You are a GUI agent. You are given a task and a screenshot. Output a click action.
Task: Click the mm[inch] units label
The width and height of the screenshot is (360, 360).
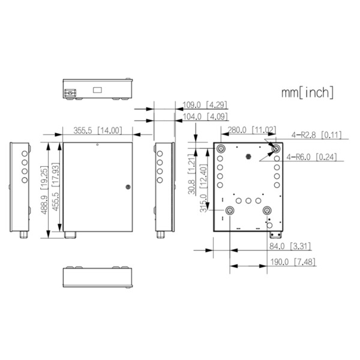click(x=307, y=92)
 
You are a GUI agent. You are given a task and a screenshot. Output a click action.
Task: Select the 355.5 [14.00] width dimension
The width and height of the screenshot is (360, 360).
click(x=98, y=130)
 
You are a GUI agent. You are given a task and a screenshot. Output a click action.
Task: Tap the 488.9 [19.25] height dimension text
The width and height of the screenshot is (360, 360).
click(x=43, y=190)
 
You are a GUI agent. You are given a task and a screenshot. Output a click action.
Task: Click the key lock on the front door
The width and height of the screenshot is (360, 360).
click(x=127, y=187)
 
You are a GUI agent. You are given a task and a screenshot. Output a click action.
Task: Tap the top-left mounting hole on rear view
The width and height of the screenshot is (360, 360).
click(x=221, y=148)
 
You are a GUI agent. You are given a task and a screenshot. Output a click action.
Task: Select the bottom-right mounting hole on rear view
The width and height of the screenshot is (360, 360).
click(x=269, y=211)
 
